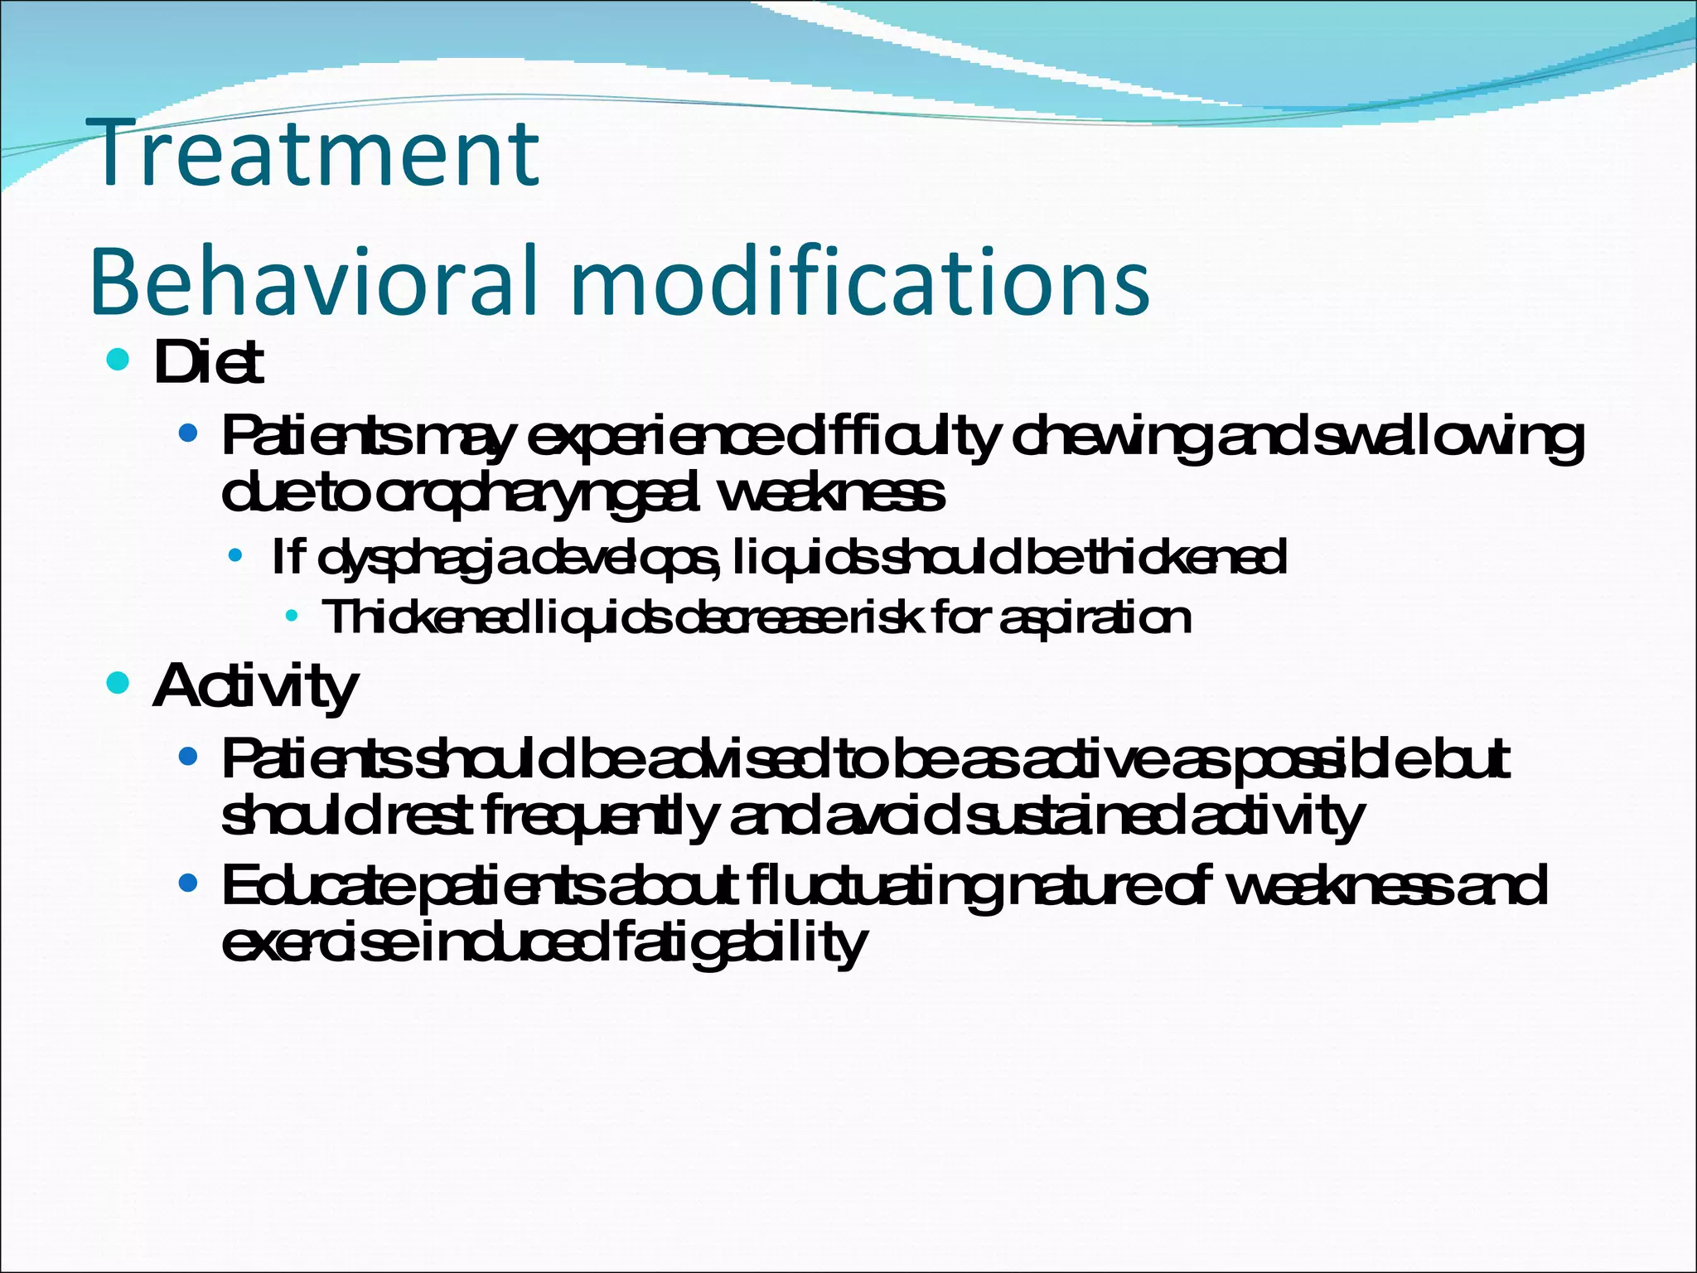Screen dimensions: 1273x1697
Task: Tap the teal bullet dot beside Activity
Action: point(119,684)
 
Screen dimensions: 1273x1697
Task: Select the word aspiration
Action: point(1095,617)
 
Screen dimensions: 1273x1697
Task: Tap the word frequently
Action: point(597,816)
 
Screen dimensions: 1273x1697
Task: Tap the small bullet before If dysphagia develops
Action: point(236,557)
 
